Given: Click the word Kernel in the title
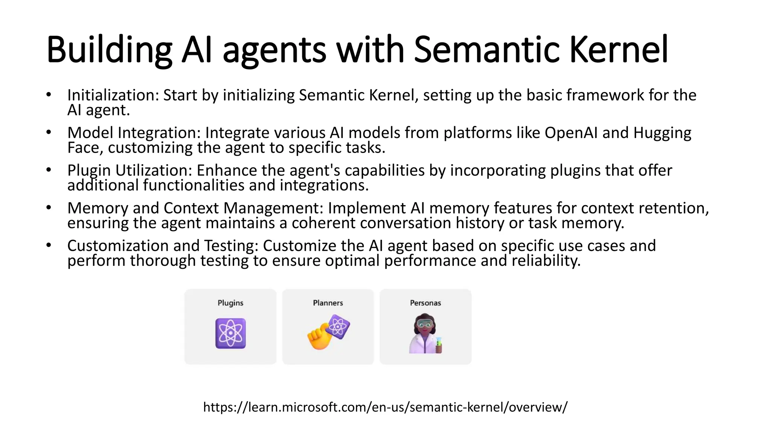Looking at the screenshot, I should click(619, 50).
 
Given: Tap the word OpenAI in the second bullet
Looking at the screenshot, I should click(571, 133).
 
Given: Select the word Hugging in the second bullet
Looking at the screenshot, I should click(662, 133).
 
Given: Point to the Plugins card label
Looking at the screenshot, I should click(230, 303).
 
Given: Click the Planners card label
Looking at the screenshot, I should click(328, 303).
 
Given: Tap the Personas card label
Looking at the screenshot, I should click(425, 303).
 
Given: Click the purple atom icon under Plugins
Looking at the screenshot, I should click(230, 333).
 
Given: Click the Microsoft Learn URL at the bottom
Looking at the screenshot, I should click(385, 407).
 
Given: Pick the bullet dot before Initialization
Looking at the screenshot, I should click(49, 95).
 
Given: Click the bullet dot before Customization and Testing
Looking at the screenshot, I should click(49, 245).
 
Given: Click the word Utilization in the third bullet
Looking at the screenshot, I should click(154, 171).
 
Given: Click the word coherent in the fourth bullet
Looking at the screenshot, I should click(323, 223).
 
